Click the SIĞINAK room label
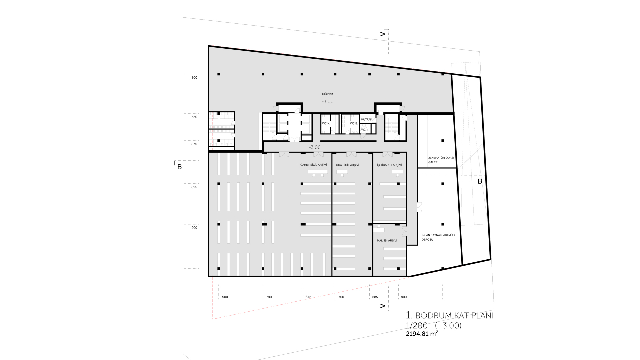click(x=328, y=94)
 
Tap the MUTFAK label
click(x=366, y=119)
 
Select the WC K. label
click(x=326, y=123)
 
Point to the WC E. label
click(x=354, y=123)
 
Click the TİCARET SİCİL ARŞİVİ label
click(x=312, y=165)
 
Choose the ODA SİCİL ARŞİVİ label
click(x=347, y=165)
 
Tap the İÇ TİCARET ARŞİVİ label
click(x=389, y=165)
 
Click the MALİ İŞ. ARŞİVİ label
click(x=387, y=240)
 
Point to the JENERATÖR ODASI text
click(x=441, y=158)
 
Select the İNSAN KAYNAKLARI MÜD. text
click(x=438, y=235)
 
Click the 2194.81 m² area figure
click(x=422, y=333)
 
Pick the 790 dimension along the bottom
click(x=269, y=297)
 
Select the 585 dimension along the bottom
click(x=375, y=297)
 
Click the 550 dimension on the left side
click(x=194, y=117)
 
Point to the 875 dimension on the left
click(x=194, y=144)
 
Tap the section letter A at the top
click(x=383, y=34)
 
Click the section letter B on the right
click(x=480, y=181)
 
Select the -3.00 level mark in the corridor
click(x=315, y=147)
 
